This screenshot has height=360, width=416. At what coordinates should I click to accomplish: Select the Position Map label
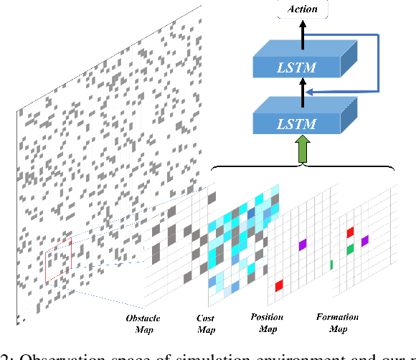(267, 323)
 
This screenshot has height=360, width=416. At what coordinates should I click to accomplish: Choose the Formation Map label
(337, 323)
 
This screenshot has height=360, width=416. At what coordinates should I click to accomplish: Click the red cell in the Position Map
(278, 285)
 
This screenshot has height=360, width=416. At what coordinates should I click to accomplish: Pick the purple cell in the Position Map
(303, 245)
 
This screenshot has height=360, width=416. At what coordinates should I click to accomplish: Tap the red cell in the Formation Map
(350, 232)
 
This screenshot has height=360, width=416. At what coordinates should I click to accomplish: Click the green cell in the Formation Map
(349, 249)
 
